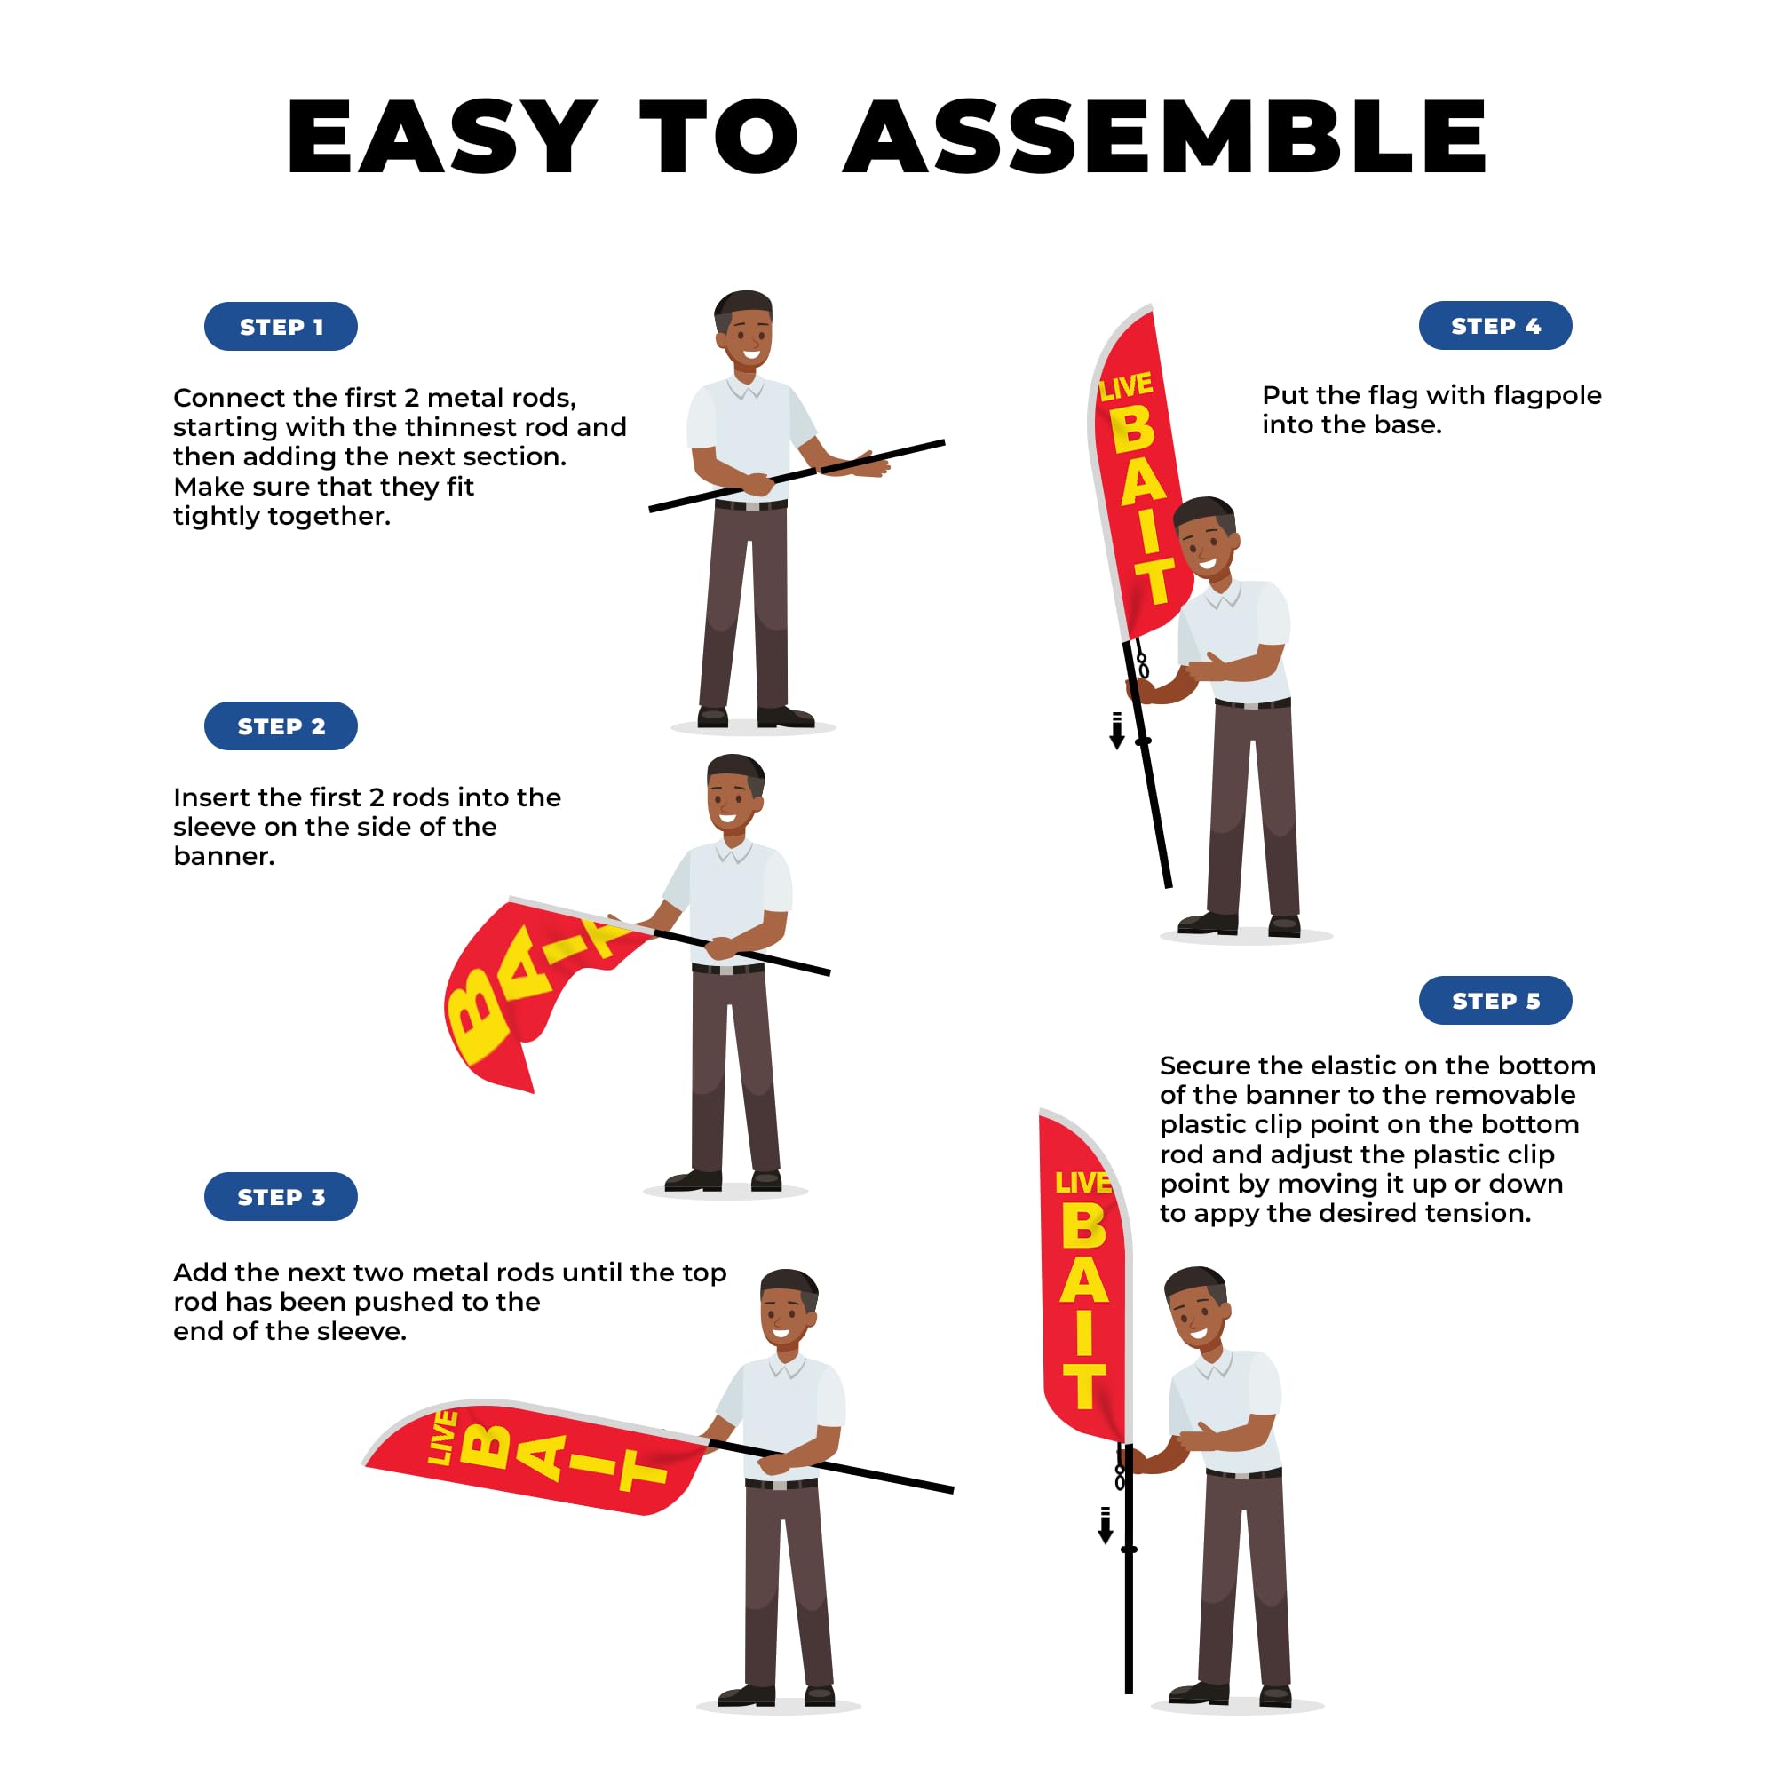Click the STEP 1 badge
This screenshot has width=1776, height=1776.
[x=281, y=326]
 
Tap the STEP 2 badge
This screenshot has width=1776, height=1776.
[x=281, y=726]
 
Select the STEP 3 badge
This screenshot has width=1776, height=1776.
[x=281, y=1197]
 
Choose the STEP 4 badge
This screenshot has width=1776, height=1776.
[x=1495, y=325]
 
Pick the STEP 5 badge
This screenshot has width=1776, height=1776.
[x=1495, y=1000]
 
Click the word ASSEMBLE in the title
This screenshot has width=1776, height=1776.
[x=1165, y=136]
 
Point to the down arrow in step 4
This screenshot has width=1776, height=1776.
[x=1117, y=731]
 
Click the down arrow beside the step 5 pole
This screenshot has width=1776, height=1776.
[x=1106, y=1525]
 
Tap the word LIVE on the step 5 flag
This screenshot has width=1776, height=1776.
[x=1082, y=1183]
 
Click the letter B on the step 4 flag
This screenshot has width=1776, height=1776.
[x=1132, y=429]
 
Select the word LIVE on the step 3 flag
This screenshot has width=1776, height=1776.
[x=442, y=1439]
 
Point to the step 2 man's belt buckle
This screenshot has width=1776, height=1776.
[x=727, y=970]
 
